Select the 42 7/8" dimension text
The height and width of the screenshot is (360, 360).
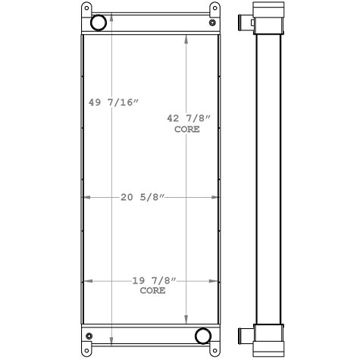point(187,117)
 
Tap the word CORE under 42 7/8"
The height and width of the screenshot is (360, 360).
point(187,130)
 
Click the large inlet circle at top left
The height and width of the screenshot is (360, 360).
point(99,23)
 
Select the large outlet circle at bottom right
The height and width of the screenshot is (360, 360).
point(202,336)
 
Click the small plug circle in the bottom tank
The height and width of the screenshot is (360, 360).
point(89,336)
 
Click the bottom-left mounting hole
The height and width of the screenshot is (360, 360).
point(86,350)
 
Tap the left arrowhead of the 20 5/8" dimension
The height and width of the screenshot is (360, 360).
point(85,198)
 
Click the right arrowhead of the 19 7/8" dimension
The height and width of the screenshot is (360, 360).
point(214,280)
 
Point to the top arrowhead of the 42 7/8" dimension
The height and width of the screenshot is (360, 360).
point(187,39)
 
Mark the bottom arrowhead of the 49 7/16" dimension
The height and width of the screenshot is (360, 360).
point(112,342)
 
